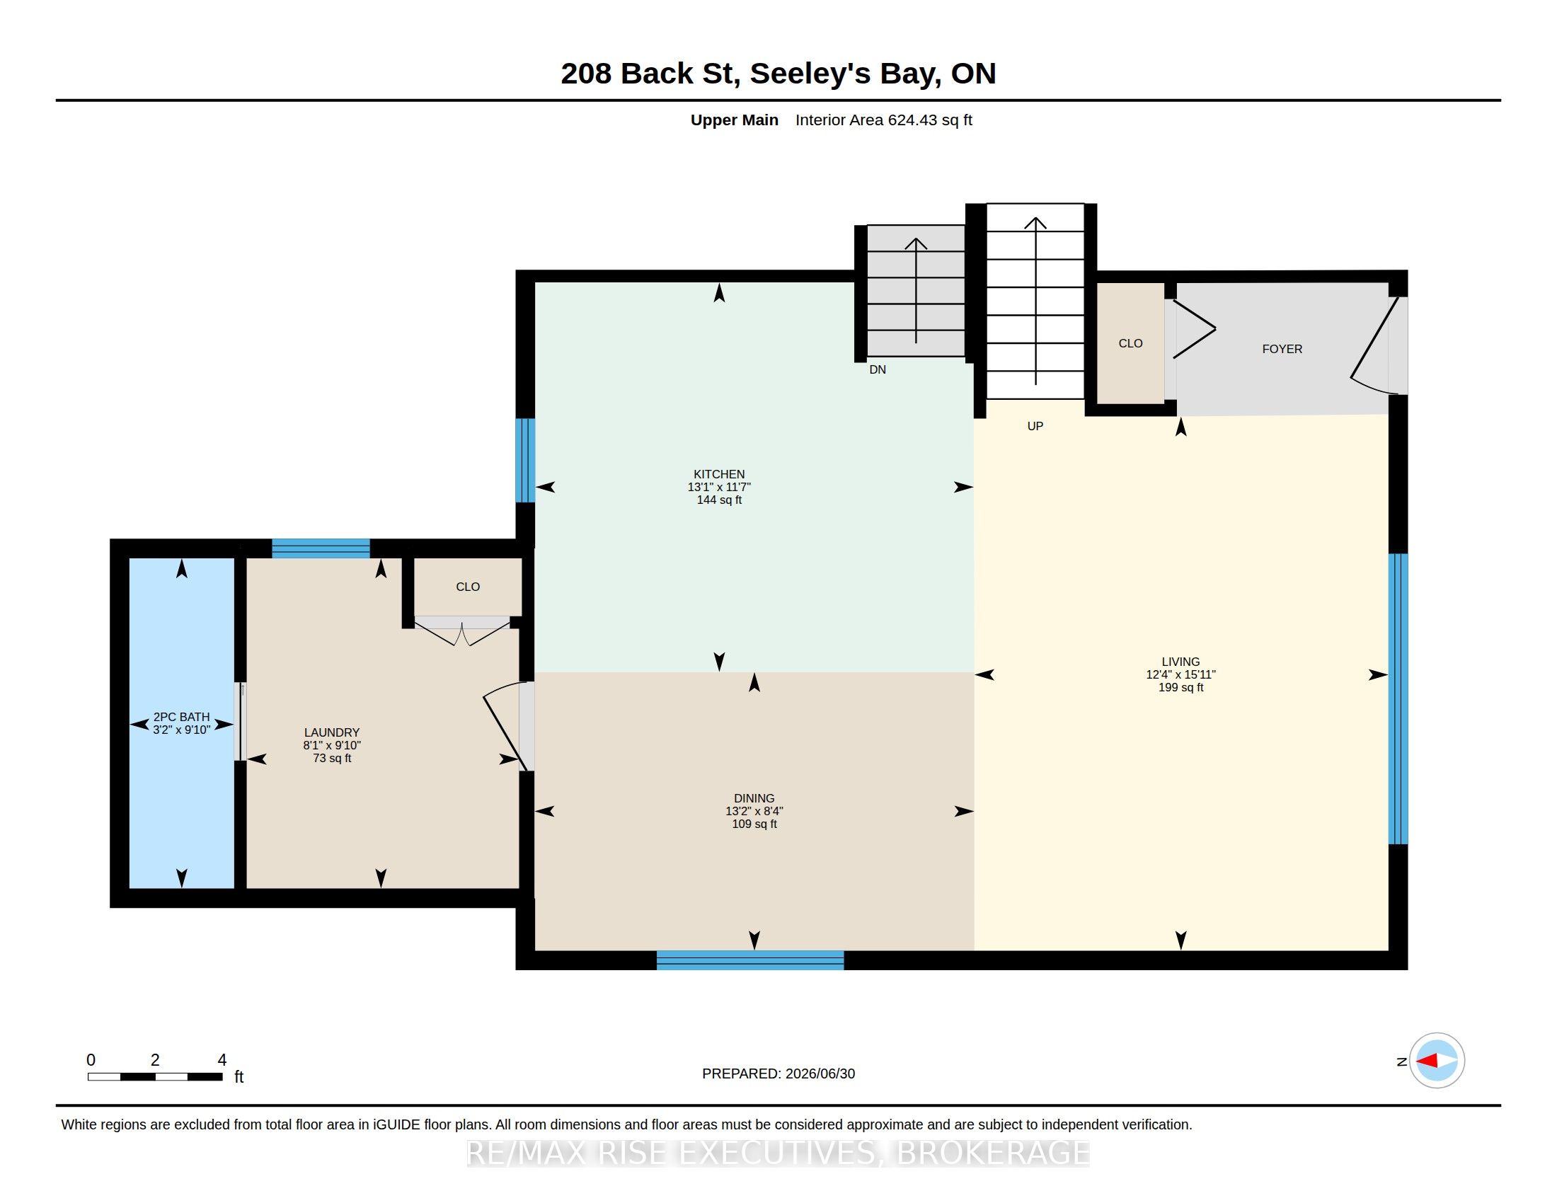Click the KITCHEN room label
click(x=718, y=474)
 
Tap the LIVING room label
click(x=1180, y=662)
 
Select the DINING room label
click(x=754, y=798)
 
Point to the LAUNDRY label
click(x=331, y=732)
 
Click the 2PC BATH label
click(x=182, y=717)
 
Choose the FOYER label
click(x=1282, y=348)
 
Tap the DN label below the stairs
click(x=878, y=369)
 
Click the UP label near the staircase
click(x=1035, y=426)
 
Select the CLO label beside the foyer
click(x=1131, y=343)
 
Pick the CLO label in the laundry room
click(x=468, y=587)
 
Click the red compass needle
click(x=1427, y=1061)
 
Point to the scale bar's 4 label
click(x=222, y=1060)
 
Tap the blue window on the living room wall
click(x=1398, y=698)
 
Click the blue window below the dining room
click(x=750, y=960)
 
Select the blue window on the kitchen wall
click(x=525, y=461)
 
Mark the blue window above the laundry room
click(x=321, y=548)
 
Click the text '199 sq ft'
click(x=1180, y=687)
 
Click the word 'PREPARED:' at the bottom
click(x=741, y=1074)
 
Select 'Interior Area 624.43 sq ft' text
click(x=883, y=120)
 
